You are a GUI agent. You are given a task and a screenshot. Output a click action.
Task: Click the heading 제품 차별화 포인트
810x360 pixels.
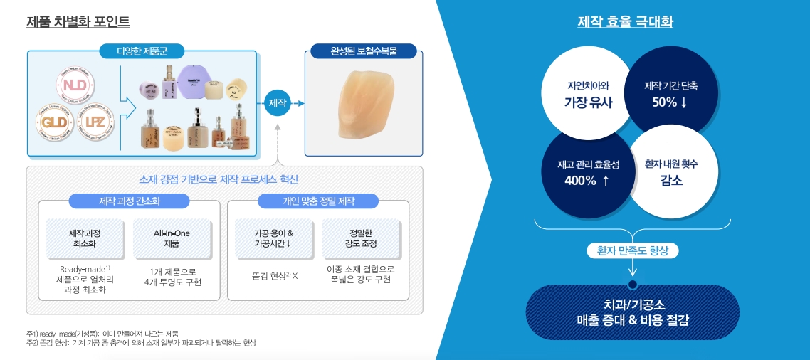click(78, 22)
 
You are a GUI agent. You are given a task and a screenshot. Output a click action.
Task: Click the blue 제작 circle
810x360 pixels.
click(278, 103)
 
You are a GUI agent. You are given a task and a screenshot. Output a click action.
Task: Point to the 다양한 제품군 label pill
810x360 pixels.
click(141, 51)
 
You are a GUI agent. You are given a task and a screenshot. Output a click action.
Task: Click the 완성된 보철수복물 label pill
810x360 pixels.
click(364, 51)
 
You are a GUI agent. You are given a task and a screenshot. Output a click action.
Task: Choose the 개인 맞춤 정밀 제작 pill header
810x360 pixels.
click(317, 201)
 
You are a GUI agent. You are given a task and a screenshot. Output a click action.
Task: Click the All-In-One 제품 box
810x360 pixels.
click(172, 238)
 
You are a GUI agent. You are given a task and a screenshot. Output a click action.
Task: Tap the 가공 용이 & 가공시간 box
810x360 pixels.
click(273, 238)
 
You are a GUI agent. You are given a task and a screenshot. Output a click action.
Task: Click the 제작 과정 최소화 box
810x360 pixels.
click(85, 238)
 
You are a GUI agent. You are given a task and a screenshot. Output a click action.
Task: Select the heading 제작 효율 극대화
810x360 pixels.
click(625, 22)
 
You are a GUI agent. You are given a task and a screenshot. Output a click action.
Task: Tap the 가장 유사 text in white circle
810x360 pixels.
click(588, 102)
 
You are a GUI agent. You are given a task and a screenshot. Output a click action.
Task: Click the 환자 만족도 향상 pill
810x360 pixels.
click(633, 250)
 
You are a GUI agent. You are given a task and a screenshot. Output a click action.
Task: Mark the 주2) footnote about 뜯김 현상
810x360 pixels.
click(141, 343)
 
